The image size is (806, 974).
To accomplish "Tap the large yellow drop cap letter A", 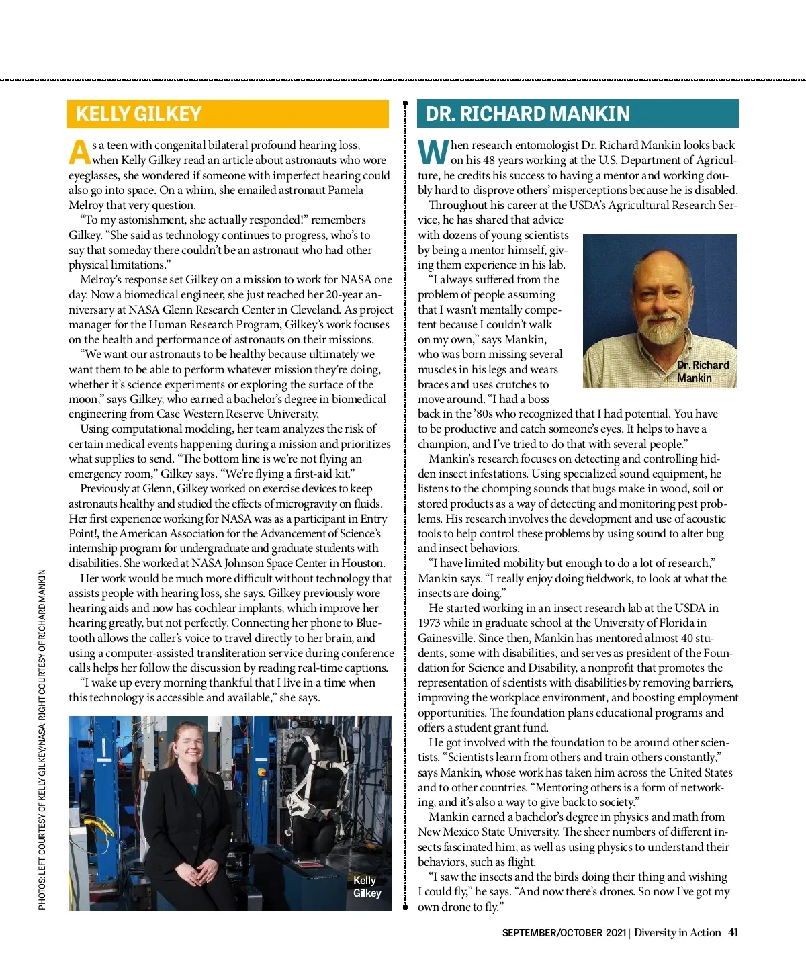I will pos(79,152).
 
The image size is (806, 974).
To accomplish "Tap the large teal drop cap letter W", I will pos(433,152).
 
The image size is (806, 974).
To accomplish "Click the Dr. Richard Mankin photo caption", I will pos(703,371).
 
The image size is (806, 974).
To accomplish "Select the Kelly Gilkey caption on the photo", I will pos(367,887).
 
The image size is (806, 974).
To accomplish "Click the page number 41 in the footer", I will pos(733,932).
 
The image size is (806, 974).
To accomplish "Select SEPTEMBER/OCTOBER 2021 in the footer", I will pos(564,933).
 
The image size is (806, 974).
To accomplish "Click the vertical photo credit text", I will pos(42,739).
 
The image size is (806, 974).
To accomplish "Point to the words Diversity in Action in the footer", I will pos(677,932).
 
